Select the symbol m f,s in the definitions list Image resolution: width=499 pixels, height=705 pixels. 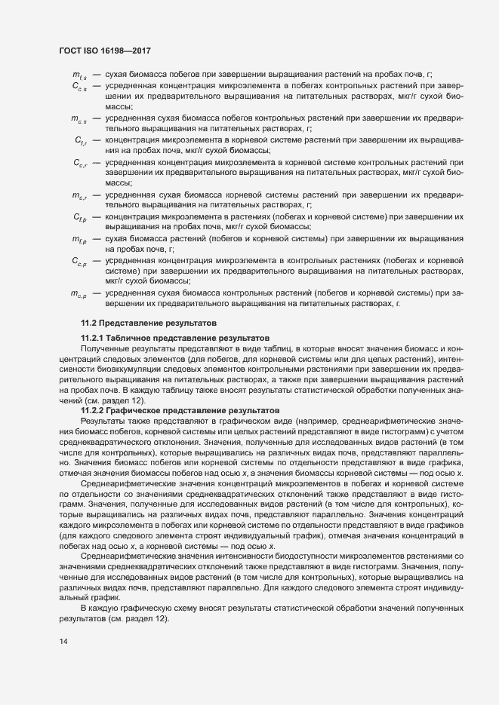click(x=79, y=75)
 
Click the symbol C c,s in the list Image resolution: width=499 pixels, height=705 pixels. click(x=79, y=87)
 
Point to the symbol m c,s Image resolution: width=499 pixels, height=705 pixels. click(x=79, y=119)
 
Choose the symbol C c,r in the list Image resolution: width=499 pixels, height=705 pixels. click(x=80, y=163)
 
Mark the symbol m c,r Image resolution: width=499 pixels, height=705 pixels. click(x=79, y=195)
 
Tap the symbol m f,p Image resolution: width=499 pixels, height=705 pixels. click(x=79, y=239)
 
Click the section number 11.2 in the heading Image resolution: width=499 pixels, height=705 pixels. click(x=89, y=323)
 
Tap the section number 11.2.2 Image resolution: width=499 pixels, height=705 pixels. click(x=94, y=409)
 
